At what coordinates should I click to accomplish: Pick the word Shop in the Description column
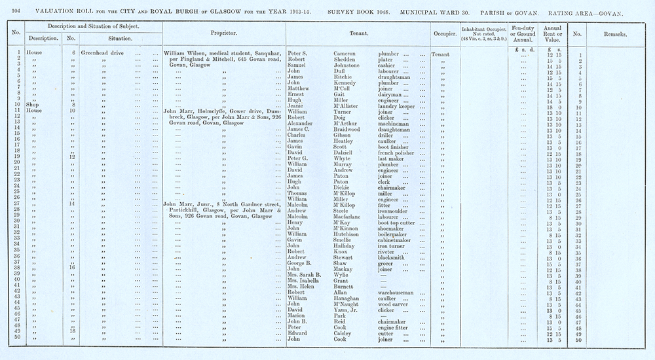tap(33, 103)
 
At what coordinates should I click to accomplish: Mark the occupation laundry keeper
tap(400, 103)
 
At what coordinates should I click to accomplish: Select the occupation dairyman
tap(393, 97)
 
